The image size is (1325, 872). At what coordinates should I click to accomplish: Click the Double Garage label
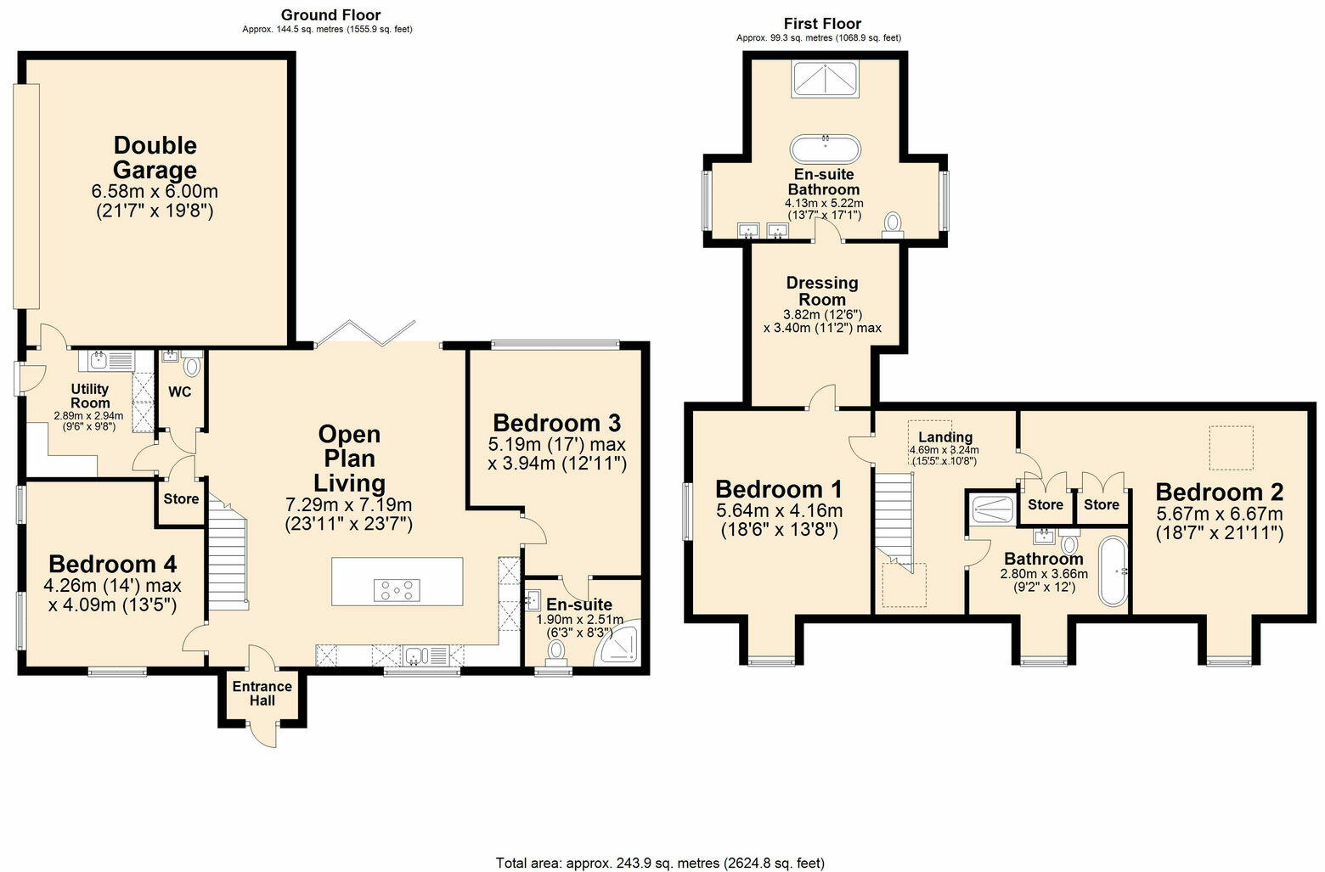(x=155, y=157)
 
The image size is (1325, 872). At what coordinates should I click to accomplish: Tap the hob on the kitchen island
(x=397, y=589)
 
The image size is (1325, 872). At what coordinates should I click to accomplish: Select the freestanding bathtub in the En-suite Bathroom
(x=825, y=149)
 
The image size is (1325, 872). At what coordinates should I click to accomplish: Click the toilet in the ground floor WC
(x=191, y=366)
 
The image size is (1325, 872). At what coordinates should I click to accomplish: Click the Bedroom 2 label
(x=1218, y=492)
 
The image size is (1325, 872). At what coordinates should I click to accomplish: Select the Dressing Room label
(x=821, y=290)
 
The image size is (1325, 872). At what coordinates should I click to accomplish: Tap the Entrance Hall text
(x=262, y=693)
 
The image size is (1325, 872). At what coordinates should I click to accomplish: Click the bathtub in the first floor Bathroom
(x=1112, y=571)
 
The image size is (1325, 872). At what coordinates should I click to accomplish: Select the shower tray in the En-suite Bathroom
(x=825, y=80)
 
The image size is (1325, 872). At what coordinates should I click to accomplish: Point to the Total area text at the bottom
(x=660, y=863)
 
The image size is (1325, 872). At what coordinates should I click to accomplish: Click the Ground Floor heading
(x=330, y=14)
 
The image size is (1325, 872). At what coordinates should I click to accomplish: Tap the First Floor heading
(x=821, y=23)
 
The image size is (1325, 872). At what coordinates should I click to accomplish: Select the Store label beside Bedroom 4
(x=180, y=499)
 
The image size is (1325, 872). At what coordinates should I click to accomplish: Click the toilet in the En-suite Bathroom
(x=892, y=222)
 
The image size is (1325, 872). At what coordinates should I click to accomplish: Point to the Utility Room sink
(x=96, y=360)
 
